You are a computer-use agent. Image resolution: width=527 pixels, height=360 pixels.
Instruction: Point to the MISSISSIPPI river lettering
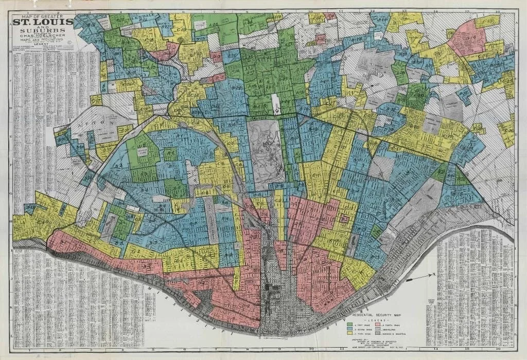coord(170,308)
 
